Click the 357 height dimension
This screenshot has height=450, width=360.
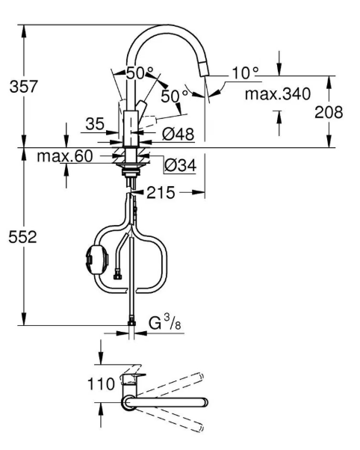23,86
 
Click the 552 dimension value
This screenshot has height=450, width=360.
22,237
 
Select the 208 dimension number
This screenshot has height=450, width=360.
329,112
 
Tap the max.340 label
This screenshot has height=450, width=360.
278,93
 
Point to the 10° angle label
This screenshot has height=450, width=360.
245,73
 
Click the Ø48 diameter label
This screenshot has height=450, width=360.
178,134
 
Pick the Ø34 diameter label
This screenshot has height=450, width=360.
181,165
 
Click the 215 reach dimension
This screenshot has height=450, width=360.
161,193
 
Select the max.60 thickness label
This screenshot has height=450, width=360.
65,156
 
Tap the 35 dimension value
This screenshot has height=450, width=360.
95,124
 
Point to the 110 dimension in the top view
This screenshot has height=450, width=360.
101,383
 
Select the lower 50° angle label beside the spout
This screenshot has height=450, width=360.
175,96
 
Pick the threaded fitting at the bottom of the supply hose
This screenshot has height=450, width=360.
131,321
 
